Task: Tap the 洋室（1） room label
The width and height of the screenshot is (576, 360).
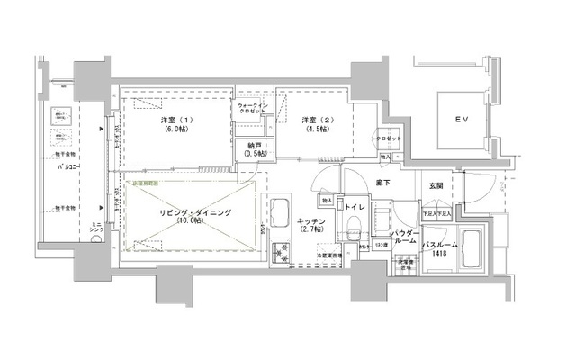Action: coord(175,120)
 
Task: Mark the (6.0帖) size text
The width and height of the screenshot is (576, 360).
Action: coord(175,130)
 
